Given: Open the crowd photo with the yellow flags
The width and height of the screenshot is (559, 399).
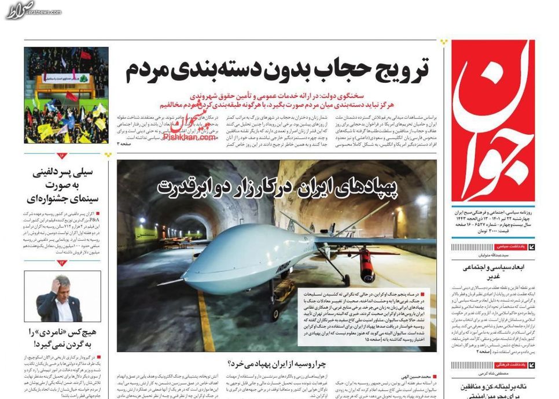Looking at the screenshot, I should (66, 95).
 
